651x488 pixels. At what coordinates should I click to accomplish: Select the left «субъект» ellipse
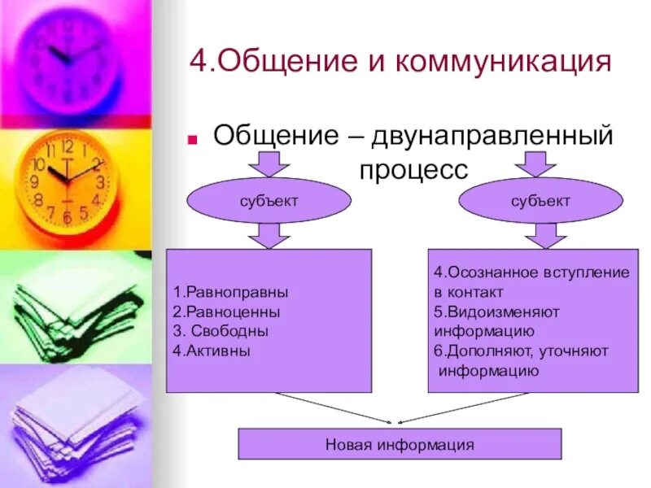(269, 201)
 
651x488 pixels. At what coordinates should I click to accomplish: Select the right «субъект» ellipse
(540, 201)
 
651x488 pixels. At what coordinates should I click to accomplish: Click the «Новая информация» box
(400, 444)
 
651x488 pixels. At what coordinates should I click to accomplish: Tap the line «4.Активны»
(212, 351)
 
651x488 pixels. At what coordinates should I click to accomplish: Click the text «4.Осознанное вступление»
(531, 272)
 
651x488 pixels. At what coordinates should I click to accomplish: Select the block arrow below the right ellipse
(540, 235)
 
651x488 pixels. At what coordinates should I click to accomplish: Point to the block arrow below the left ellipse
(268, 235)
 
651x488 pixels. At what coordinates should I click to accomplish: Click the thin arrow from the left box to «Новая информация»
(334, 407)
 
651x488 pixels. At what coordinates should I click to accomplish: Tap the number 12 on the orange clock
(67, 147)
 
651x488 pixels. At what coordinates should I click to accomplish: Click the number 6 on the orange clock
(67, 218)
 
